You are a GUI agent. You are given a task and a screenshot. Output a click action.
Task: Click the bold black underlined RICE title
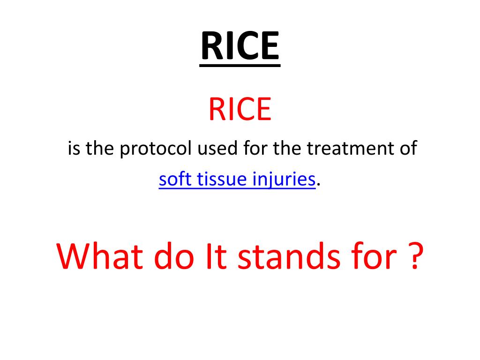pyautogui.click(x=240, y=47)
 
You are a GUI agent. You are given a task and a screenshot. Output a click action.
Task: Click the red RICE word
pyautogui.click(x=240, y=109)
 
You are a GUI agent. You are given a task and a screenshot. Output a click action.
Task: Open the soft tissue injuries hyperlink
pyautogui.click(x=237, y=180)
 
